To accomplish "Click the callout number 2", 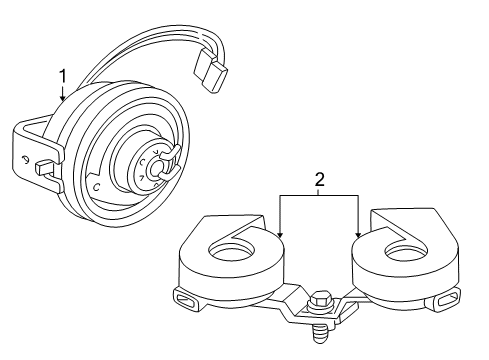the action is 319,180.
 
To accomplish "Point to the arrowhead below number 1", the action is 62,102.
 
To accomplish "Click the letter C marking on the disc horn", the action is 95,187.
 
